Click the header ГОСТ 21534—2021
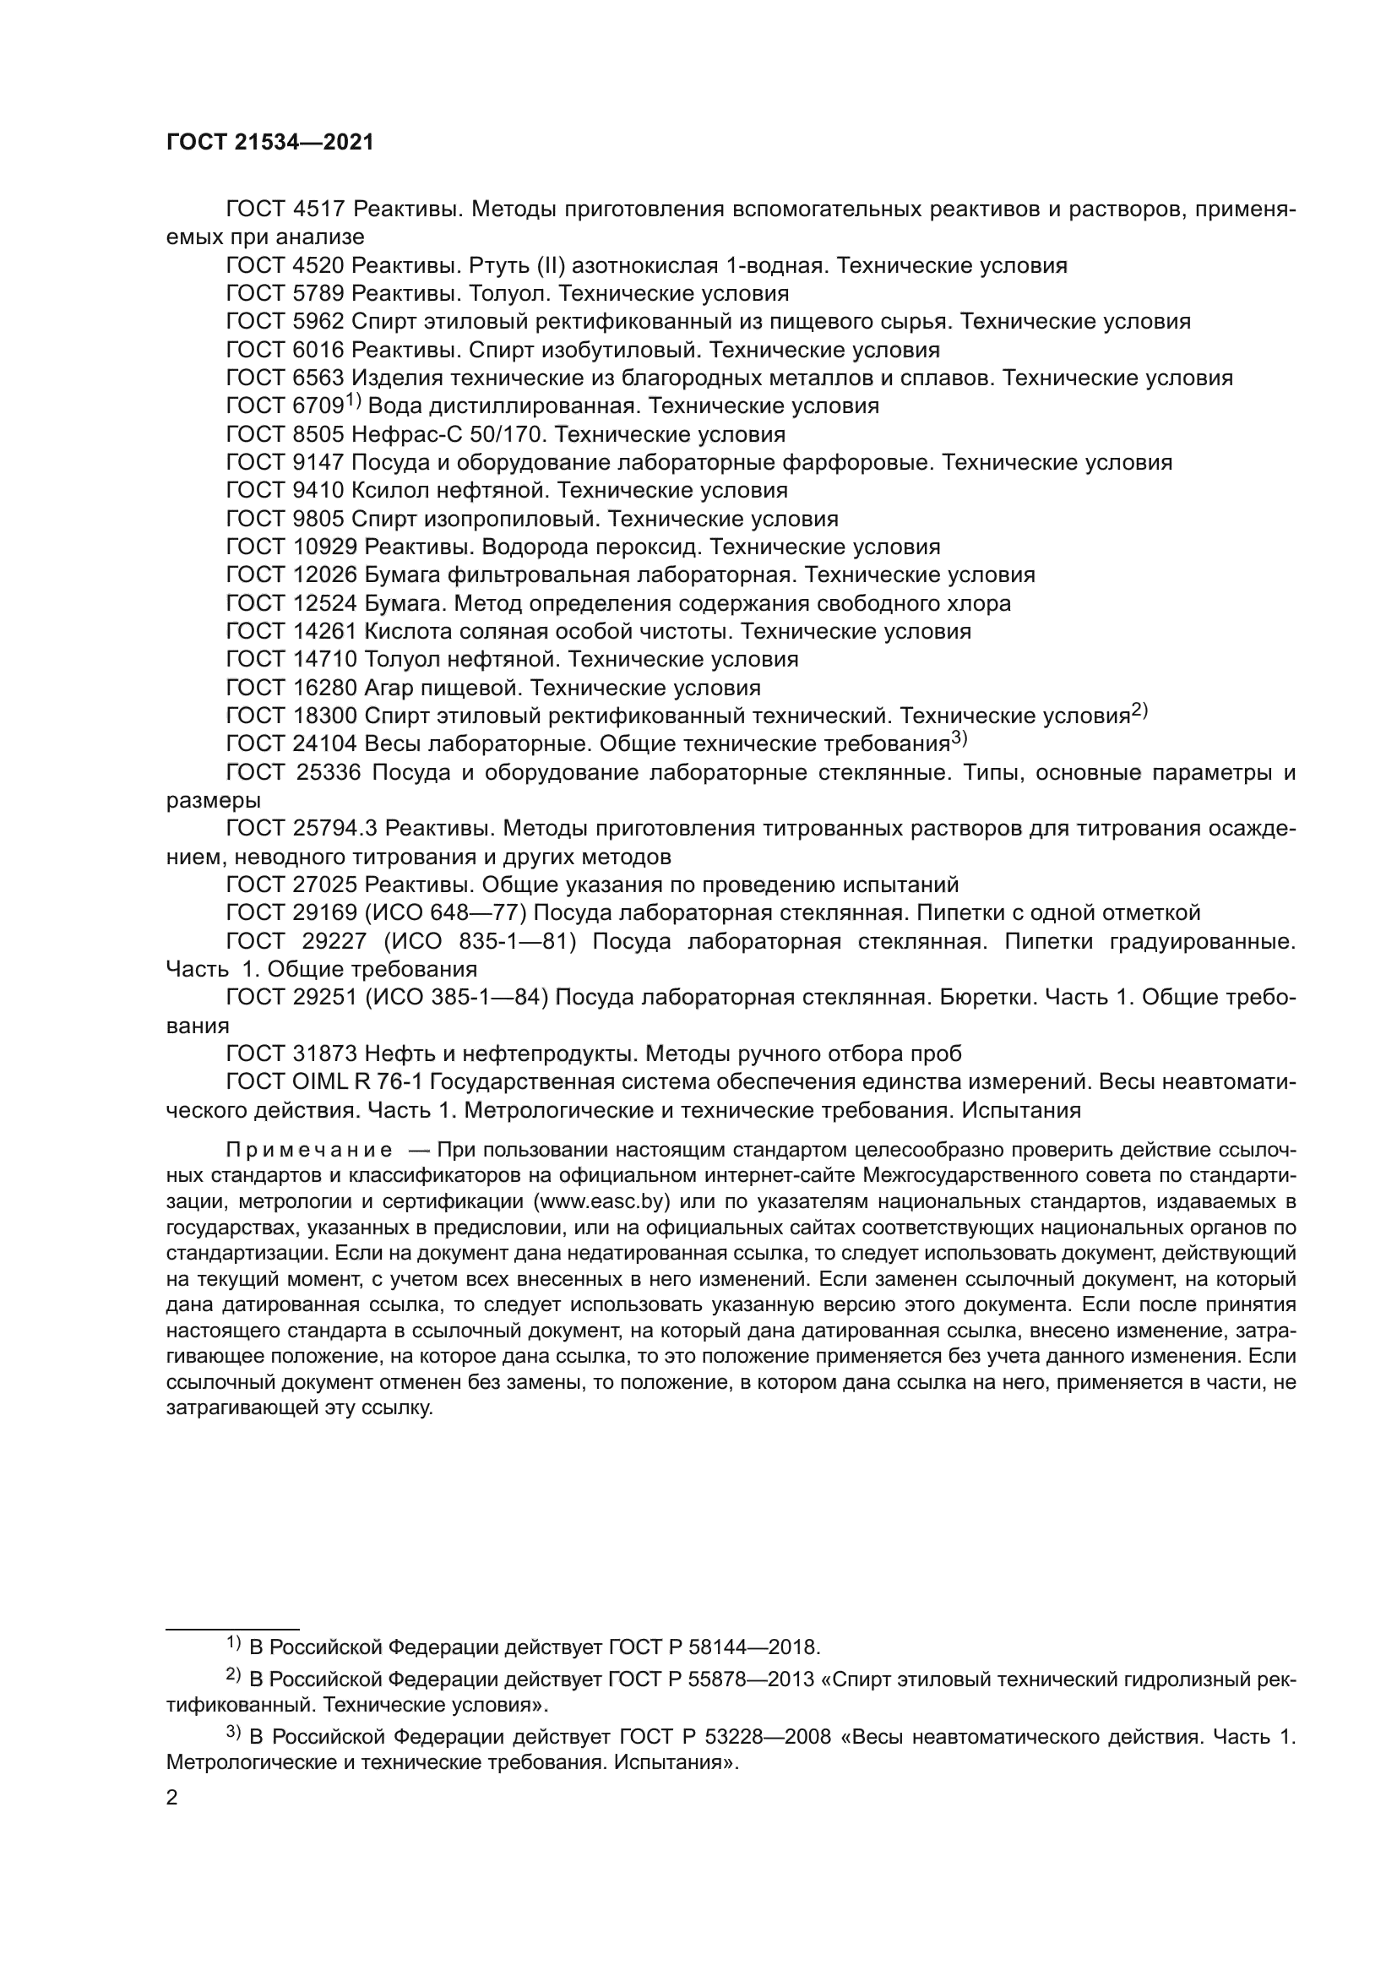(x=270, y=143)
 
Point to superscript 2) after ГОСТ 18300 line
(x=1139, y=710)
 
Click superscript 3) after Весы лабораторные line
(x=959, y=738)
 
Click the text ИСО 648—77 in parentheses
(x=448, y=913)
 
